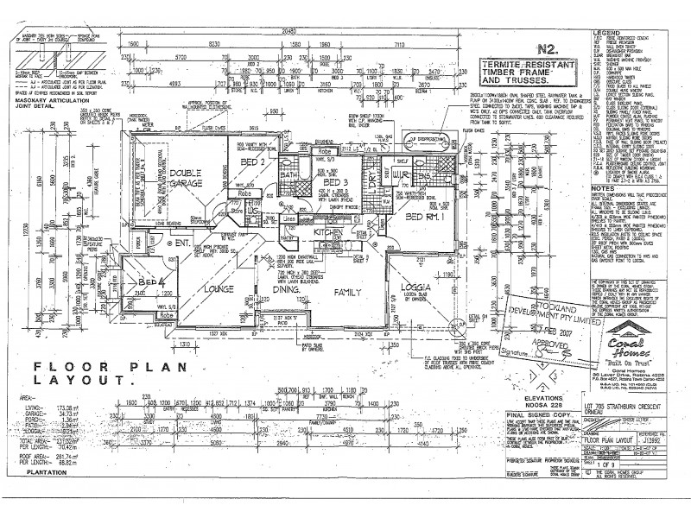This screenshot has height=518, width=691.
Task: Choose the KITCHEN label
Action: (x=329, y=233)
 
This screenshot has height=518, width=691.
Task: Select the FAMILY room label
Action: (x=346, y=291)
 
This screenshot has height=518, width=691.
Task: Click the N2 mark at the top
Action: (x=546, y=50)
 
